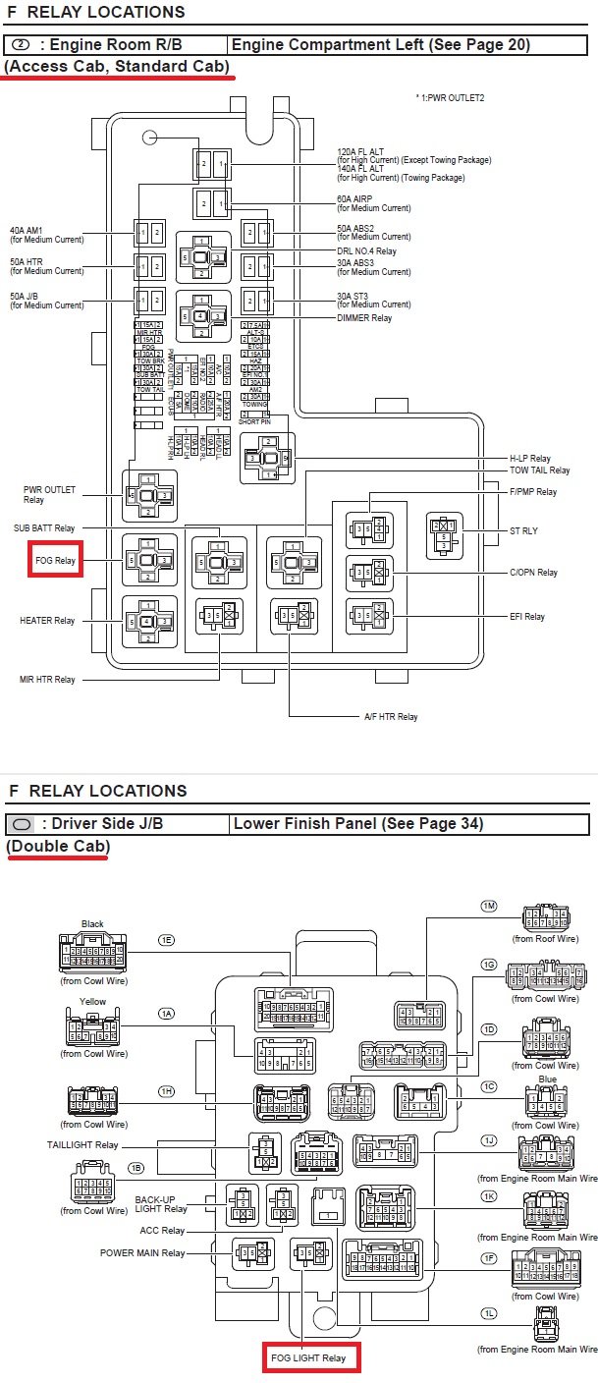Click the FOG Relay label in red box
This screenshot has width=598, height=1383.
[55, 561]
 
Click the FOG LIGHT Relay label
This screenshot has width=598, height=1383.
[308, 1357]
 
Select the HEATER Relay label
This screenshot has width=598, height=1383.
[47, 621]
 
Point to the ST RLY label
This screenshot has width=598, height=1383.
[523, 531]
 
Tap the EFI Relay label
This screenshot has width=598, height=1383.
[526, 617]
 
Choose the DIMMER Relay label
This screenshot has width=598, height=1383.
[364, 318]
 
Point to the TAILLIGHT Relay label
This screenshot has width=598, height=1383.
[82, 1144]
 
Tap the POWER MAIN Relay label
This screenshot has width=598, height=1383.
[142, 1252]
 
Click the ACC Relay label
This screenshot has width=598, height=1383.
[161, 1230]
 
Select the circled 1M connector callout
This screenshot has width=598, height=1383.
[488, 906]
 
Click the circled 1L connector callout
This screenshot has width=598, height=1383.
[488, 1313]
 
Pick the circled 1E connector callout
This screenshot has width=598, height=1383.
[166, 940]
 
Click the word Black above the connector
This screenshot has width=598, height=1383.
[92, 923]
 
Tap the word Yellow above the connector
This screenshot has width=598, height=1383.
[92, 1002]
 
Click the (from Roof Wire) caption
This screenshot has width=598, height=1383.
[545, 939]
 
